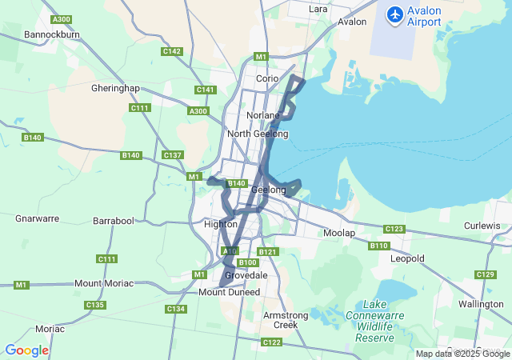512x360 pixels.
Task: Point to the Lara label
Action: [x=318, y=9]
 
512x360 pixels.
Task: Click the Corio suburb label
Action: [x=267, y=78]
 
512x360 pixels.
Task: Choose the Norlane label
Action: [x=263, y=115]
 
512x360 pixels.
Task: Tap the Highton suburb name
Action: [x=221, y=224]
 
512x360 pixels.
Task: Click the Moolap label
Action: [x=339, y=233]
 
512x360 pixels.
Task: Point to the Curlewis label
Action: [x=482, y=226]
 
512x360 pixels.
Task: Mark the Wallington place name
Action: [x=482, y=304]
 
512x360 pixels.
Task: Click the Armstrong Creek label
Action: [x=286, y=320]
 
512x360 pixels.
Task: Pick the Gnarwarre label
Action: [x=38, y=218]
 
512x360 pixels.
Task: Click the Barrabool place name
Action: [x=114, y=220]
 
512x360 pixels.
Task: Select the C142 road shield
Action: [x=172, y=51]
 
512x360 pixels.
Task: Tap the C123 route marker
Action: [x=394, y=229]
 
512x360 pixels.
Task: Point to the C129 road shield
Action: [x=485, y=274]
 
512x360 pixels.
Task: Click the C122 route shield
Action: [x=271, y=342]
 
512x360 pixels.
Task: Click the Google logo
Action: [x=26, y=350]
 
